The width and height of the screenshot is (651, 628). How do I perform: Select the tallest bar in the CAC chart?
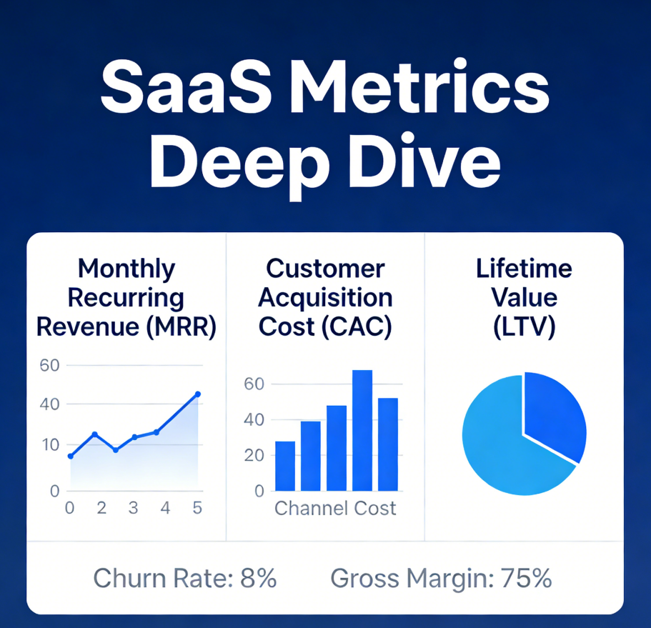[362, 430]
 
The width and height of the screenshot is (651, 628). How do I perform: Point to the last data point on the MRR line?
[198, 394]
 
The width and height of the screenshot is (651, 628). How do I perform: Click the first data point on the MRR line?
[70, 456]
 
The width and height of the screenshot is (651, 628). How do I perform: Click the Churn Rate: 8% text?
[185, 577]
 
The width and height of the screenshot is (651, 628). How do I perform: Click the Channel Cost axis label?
[335, 509]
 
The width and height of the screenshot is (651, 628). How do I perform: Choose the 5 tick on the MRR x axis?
[198, 509]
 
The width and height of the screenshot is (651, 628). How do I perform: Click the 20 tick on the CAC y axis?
[255, 455]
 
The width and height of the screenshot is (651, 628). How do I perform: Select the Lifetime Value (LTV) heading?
[525, 297]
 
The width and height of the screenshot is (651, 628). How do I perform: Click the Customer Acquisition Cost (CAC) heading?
[325, 297]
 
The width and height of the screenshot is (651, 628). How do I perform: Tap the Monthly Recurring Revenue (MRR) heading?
[126, 297]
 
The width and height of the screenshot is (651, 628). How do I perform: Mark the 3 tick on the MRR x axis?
[133, 509]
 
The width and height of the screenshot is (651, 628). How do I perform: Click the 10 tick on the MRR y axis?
[51, 445]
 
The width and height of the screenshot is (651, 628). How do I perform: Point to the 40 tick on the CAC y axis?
[255, 420]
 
